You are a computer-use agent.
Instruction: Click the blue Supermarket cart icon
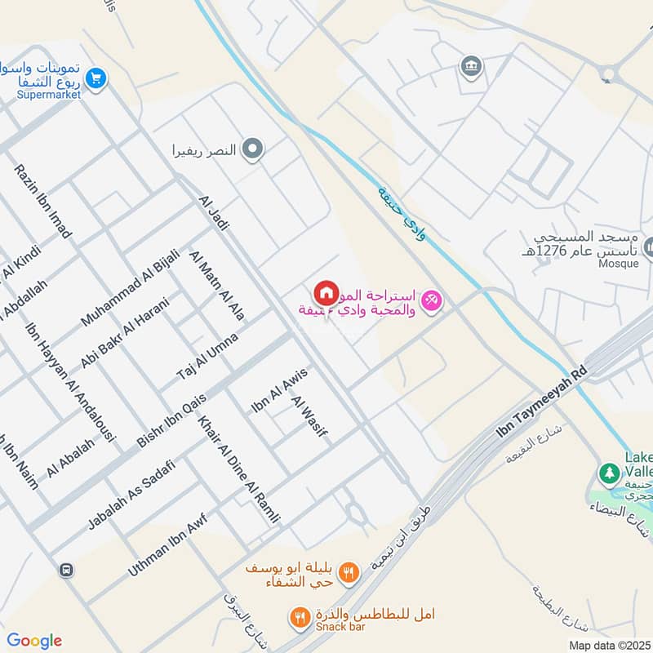coord(97,78)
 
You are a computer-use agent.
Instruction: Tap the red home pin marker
coord(326,292)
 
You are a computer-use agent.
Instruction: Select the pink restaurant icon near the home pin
coord(432,300)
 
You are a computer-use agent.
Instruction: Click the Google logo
coord(34,641)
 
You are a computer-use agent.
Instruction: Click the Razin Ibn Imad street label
coord(42,201)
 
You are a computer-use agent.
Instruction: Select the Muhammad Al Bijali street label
coord(130,288)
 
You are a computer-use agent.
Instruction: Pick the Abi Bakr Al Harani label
coord(124,333)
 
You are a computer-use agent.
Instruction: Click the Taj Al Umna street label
coord(207,356)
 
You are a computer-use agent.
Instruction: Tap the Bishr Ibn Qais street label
coord(171,420)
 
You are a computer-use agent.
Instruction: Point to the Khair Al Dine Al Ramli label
coord(238,469)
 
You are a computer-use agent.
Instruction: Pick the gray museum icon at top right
coord(471,65)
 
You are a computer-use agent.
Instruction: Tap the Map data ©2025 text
coord(609,645)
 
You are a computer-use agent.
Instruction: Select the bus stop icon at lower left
coord(64,570)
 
